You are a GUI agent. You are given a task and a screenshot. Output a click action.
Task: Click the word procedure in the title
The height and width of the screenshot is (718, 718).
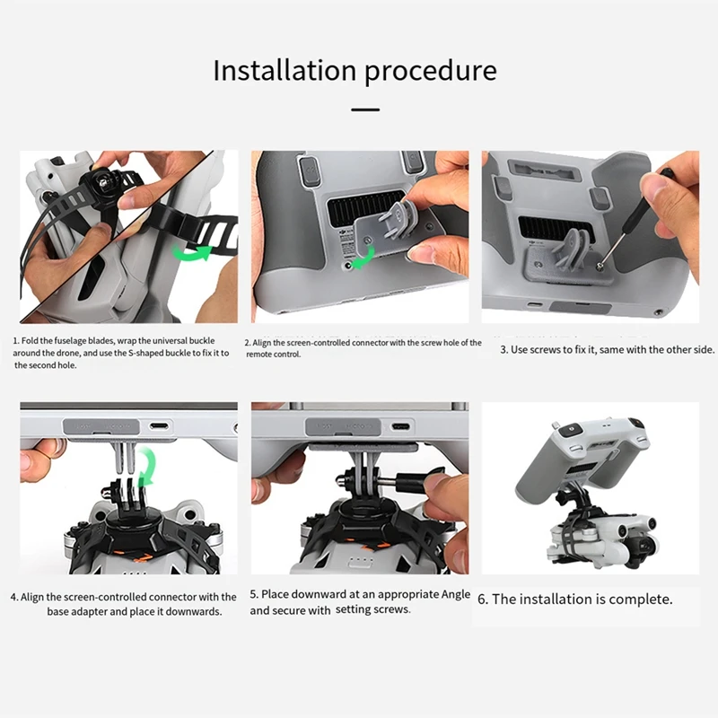(x=429, y=71)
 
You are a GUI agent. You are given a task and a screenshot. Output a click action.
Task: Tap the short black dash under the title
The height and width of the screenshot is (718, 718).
(x=364, y=109)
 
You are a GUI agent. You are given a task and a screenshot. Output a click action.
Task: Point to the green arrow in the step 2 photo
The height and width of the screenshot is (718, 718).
(x=364, y=261)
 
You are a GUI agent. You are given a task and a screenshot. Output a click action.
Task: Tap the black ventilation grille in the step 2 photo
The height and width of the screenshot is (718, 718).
(x=359, y=213)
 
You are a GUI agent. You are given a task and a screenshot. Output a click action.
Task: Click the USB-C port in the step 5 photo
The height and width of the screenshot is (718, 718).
(x=400, y=426)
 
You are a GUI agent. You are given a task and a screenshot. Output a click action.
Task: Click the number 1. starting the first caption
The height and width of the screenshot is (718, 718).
(x=15, y=341)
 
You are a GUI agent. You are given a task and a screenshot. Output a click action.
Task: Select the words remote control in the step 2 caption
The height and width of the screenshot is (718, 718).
(x=273, y=355)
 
